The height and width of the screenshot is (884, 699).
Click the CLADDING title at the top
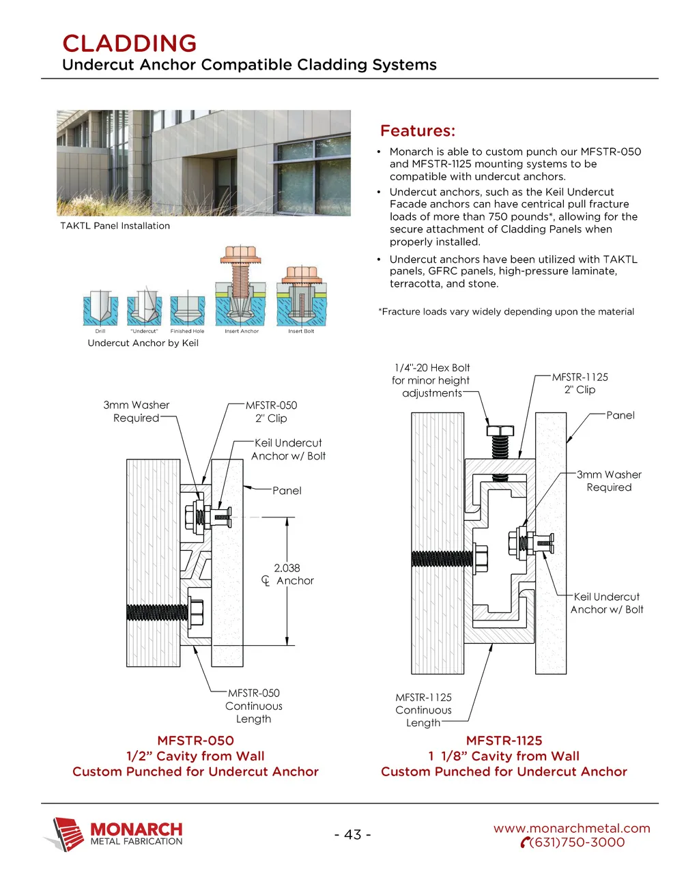(x=129, y=44)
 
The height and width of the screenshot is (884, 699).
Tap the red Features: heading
(x=417, y=131)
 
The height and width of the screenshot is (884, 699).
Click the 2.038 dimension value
(x=287, y=568)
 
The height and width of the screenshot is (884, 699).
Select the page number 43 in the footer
(x=352, y=834)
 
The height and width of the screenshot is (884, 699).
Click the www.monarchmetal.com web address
(x=571, y=828)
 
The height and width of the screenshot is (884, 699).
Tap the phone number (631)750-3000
(x=576, y=842)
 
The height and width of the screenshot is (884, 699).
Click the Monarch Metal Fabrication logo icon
(x=66, y=834)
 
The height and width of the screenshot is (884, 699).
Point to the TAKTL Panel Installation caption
(x=115, y=226)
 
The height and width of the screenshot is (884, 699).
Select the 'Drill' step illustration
(x=100, y=309)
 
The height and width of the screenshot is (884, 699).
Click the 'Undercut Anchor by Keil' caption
(x=143, y=343)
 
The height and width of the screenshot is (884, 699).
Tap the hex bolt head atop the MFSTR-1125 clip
(x=500, y=431)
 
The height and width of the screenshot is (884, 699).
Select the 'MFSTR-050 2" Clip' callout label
(x=271, y=412)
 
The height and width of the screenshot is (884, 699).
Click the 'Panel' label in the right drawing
(x=620, y=415)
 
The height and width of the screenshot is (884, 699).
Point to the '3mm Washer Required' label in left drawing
(x=136, y=412)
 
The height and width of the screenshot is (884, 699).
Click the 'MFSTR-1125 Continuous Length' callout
(x=423, y=710)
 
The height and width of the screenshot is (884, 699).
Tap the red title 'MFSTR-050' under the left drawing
(x=195, y=741)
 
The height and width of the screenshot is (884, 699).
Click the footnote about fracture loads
(x=506, y=312)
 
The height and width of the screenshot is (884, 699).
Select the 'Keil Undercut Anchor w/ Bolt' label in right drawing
(x=606, y=603)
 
